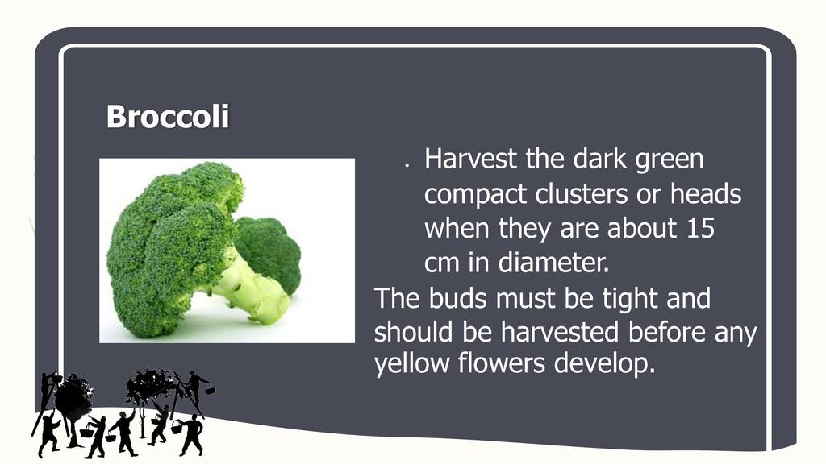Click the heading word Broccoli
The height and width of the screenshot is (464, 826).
pos(168,116)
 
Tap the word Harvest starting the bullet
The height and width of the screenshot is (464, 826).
pos(470,159)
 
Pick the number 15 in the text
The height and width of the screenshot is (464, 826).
pos(700,228)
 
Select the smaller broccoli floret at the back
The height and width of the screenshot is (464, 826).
pos(269,251)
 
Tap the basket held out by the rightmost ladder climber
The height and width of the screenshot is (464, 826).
pos(210,391)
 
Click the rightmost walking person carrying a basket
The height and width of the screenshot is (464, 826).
pos(190,434)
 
